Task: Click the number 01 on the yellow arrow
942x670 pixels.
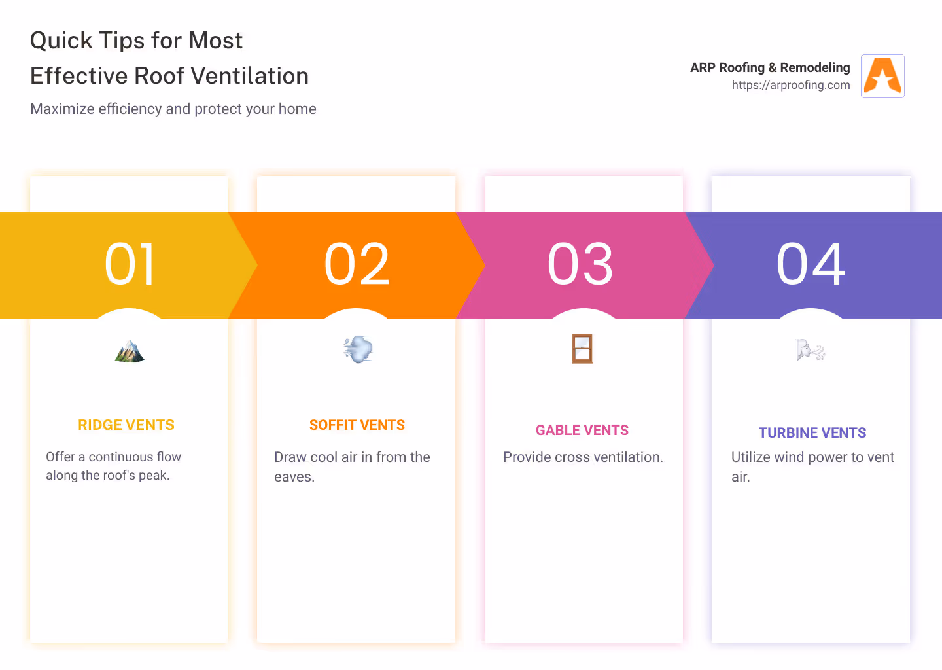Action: pyautogui.click(x=130, y=264)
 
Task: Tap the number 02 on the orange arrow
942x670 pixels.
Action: pyautogui.click(x=357, y=264)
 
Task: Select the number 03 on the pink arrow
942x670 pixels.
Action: pyautogui.click(x=580, y=264)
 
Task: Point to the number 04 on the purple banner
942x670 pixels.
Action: pyautogui.click(x=811, y=264)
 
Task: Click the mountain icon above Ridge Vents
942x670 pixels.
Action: pyautogui.click(x=130, y=351)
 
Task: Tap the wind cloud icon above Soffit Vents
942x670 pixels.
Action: pyautogui.click(x=358, y=349)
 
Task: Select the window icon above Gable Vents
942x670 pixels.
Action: pyautogui.click(x=582, y=349)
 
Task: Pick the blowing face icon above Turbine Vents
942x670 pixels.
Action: pyautogui.click(x=811, y=350)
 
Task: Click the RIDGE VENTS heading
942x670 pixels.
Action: pyautogui.click(x=126, y=425)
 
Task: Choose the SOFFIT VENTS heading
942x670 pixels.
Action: pyautogui.click(x=357, y=425)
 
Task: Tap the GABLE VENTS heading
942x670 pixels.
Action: pyautogui.click(x=582, y=431)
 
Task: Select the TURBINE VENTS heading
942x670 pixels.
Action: pyautogui.click(x=812, y=432)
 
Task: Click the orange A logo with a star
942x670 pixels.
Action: pyautogui.click(x=882, y=76)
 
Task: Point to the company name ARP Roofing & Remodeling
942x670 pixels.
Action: pyautogui.click(x=770, y=67)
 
